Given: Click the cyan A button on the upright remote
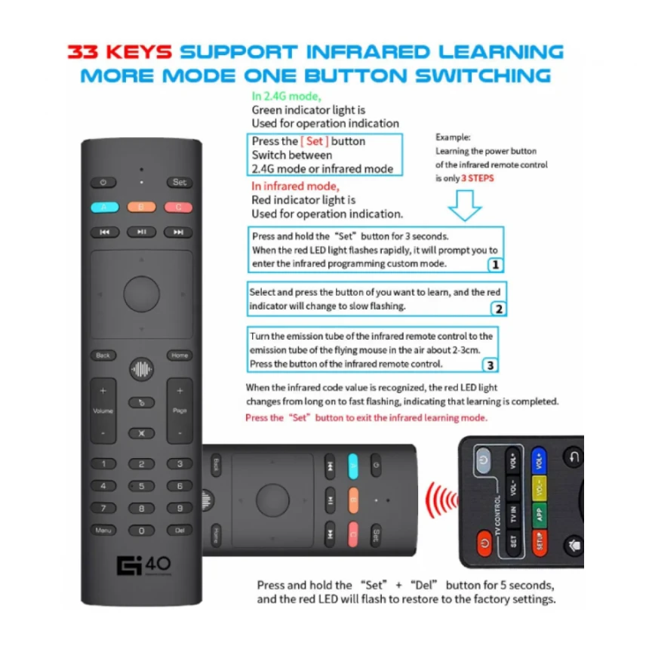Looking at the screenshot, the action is pyautogui.click(x=105, y=207).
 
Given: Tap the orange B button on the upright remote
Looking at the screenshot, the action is pyautogui.click(x=141, y=207).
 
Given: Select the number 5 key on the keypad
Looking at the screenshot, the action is pyautogui.click(x=141, y=486).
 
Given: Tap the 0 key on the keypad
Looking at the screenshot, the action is pyautogui.click(x=141, y=531).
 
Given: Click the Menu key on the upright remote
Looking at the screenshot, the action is pyautogui.click(x=103, y=531).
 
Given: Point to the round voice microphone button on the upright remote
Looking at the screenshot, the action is pyautogui.click(x=142, y=369).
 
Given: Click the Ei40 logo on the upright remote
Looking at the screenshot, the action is pyautogui.click(x=143, y=565).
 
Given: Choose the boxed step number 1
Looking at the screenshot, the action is pyautogui.click(x=496, y=264).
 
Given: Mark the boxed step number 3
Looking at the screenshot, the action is pyautogui.click(x=490, y=365).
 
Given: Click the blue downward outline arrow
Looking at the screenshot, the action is pyautogui.click(x=465, y=205).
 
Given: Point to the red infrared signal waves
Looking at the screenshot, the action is pyautogui.click(x=441, y=500).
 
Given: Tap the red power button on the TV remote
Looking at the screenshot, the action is pyautogui.click(x=484, y=542).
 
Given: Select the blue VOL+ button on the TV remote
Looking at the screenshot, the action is pyautogui.click(x=539, y=460).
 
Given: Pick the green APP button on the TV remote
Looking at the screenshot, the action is pyautogui.click(x=539, y=515).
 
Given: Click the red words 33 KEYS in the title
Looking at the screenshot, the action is pyautogui.click(x=120, y=52).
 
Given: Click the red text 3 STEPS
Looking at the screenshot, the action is pyautogui.click(x=478, y=178).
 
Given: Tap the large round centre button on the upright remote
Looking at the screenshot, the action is pyautogui.click(x=142, y=294).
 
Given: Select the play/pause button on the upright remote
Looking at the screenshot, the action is pyautogui.click(x=142, y=232).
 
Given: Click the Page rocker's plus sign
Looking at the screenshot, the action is pyautogui.click(x=180, y=390).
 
